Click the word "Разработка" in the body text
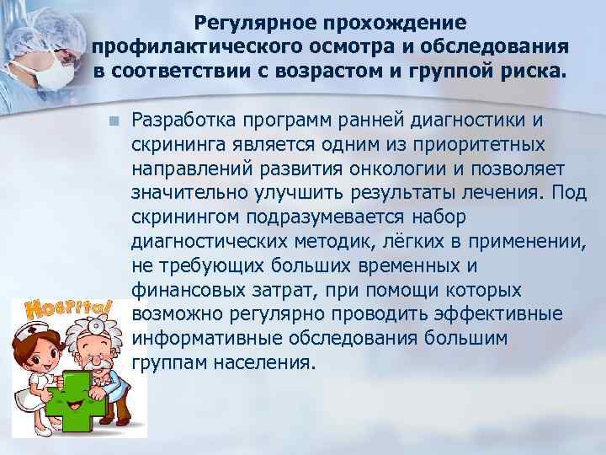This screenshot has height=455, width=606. click(185, 119)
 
